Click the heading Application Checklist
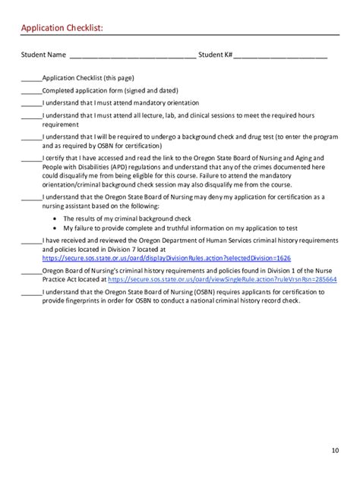(x=61, y=28)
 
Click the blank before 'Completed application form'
(x=31, y=90)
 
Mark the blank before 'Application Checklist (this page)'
(x=31, y=78)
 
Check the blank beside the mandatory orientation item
(x=31, y=102)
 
